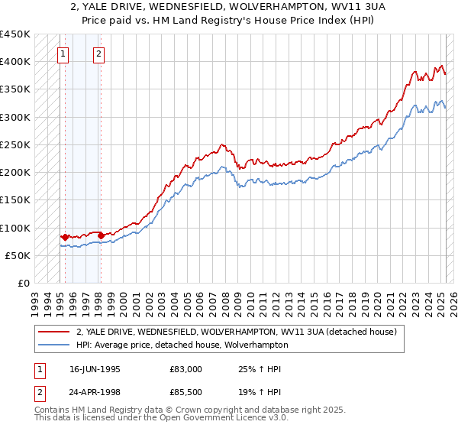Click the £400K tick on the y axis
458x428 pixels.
[15, 62]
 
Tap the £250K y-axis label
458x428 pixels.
[15, 144]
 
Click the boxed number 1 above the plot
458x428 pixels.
[63, 53]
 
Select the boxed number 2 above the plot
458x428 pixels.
[99, 53]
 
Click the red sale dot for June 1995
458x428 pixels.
[65, 237]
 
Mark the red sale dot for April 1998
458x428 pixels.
[101, 235]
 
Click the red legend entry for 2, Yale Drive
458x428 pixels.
[236, 332]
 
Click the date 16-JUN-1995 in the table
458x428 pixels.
[96, 369]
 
